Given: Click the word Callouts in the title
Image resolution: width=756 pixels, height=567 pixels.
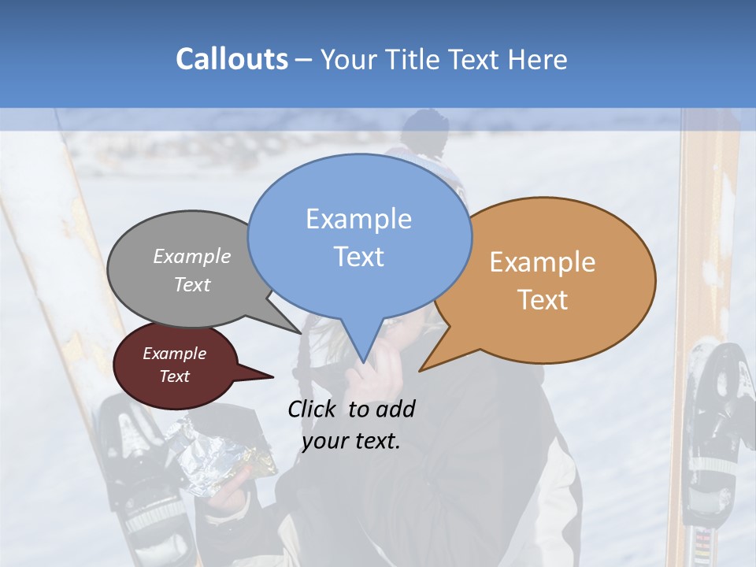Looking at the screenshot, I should point(232,59).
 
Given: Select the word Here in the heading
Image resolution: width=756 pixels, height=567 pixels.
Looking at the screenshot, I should point(536,59).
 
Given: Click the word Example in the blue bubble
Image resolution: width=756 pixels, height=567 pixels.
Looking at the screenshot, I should point(358,219).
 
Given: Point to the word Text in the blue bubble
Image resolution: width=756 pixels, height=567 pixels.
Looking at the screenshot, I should point(358,257).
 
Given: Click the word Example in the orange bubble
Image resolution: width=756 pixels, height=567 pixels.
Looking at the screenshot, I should point(543,262).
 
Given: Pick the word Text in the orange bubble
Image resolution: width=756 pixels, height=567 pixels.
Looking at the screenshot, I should point(543,300).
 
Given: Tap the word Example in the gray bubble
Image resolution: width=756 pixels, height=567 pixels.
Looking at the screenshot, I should point(192,256).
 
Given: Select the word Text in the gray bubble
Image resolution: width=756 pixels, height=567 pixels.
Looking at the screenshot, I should point(192,284).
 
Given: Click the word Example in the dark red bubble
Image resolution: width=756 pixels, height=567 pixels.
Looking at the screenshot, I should point(174,354).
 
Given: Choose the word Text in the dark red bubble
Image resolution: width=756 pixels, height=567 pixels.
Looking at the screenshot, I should point(174,376).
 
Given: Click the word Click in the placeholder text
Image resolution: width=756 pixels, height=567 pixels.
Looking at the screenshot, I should point(313,409).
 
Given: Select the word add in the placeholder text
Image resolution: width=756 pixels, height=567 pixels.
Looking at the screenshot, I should point(395,409).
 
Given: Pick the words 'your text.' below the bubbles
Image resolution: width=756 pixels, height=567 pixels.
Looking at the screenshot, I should point(350,441).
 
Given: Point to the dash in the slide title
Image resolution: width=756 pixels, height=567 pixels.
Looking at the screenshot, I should point(305,59).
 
